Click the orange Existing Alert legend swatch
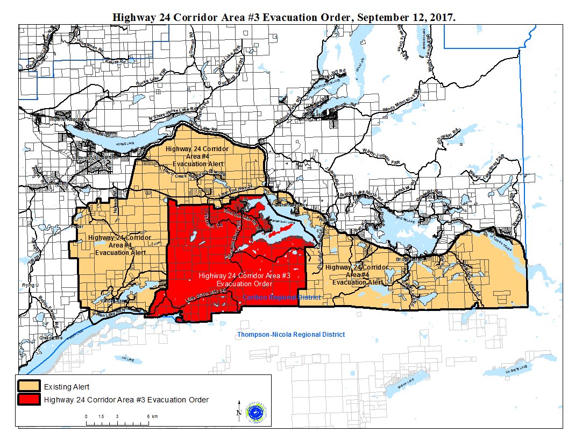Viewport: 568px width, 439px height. pos(29,386)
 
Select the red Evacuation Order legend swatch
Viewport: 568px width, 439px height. pos(29,400)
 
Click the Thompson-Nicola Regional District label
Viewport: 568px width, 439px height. pos(291,335)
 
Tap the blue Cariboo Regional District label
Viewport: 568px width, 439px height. pos(281,298)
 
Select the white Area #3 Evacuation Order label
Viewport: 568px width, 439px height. pos(244,280)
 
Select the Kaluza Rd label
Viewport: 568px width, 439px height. pos(103,62)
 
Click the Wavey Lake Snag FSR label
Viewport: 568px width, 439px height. pos(487,167)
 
